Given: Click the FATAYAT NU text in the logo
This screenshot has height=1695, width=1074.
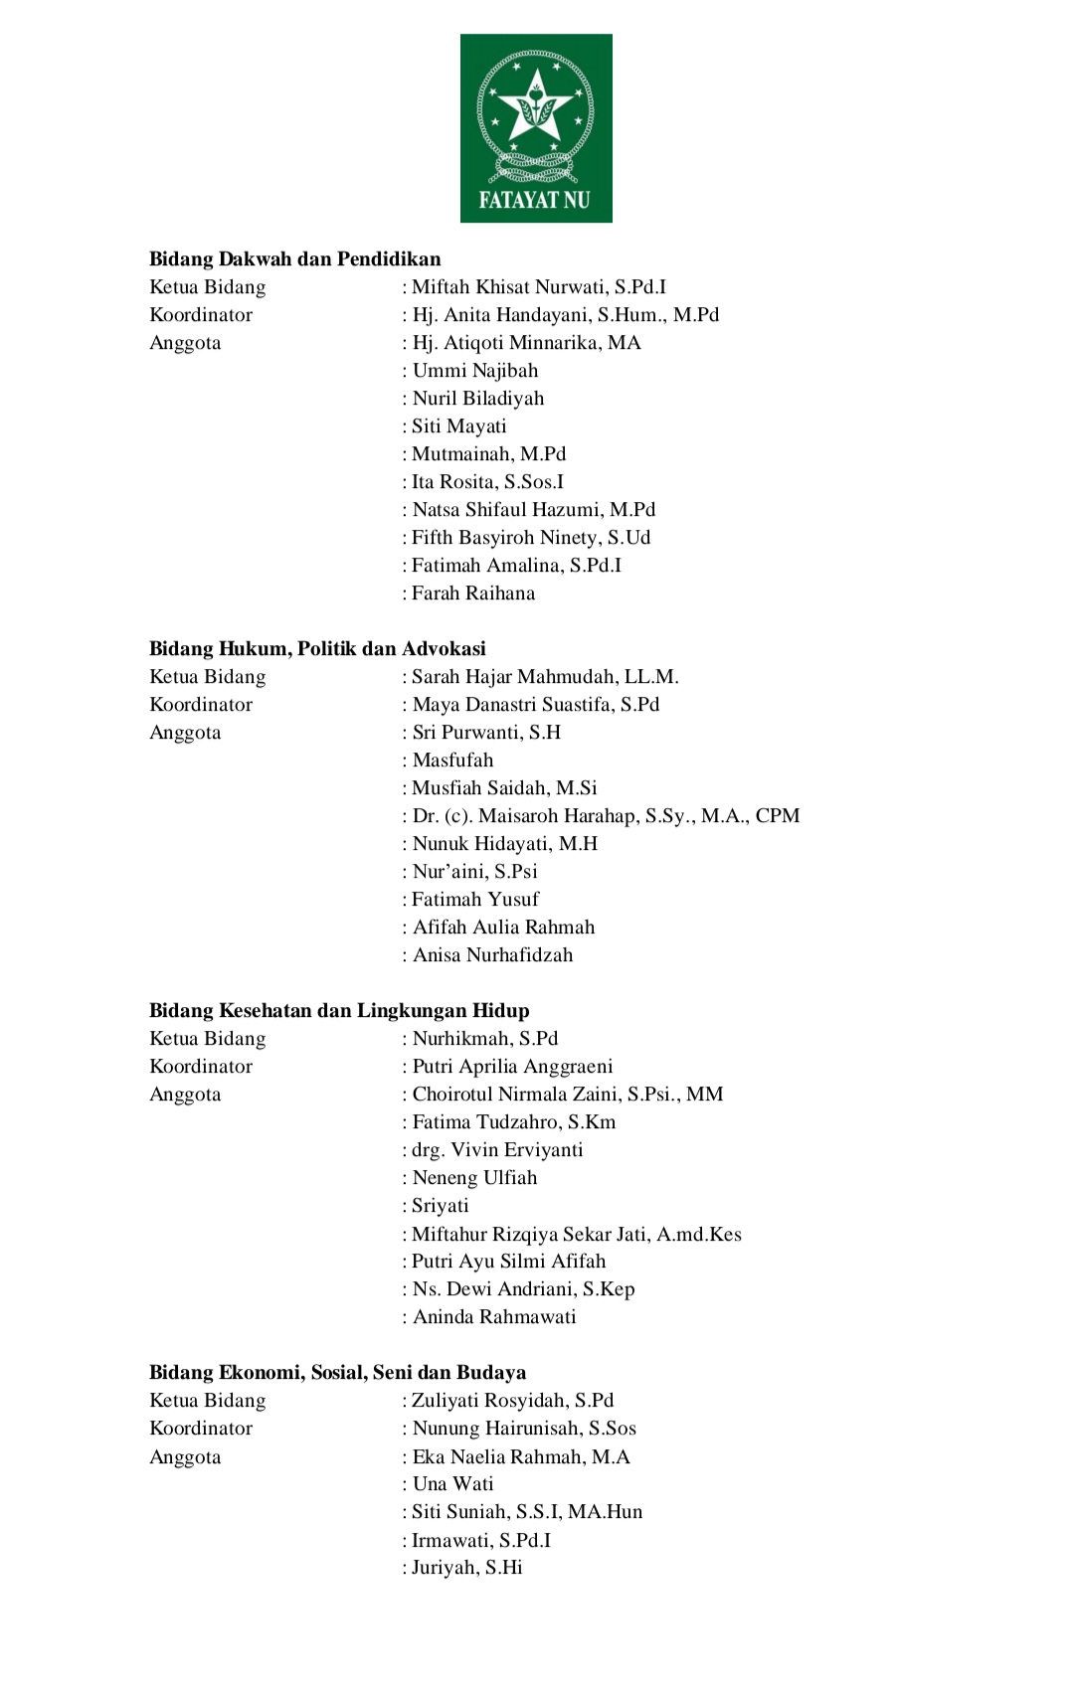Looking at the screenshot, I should pos(534,200).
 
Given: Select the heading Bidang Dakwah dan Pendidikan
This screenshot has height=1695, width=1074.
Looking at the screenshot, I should pos(294,259).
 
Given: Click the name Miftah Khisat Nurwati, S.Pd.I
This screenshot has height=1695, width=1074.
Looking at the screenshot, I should pos(538,287).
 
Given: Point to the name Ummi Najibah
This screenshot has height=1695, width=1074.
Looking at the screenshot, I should pos(474,371).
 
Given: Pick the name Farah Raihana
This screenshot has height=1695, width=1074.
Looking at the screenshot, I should pos(472,593).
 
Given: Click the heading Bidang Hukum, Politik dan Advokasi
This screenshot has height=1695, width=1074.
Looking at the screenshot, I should pos(317,649).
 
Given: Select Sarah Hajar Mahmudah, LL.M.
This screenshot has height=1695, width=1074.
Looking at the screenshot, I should pos(544,677).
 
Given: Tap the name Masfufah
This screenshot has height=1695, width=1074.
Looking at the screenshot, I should pos(452,761).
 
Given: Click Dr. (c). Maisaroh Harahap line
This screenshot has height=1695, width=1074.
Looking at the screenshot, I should pos(605,816).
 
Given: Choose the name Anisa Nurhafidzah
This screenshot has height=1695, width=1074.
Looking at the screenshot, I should pos(492,955).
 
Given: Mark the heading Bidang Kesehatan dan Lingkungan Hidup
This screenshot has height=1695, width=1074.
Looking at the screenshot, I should pos(339,1011).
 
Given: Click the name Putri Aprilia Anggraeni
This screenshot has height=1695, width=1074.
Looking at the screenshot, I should pos(512,1067).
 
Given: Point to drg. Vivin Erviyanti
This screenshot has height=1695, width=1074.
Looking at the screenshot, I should pos(497,1150).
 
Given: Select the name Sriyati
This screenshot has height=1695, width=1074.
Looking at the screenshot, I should pos(440,1206).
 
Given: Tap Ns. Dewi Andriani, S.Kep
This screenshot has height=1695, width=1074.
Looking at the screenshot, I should pos(523,1289).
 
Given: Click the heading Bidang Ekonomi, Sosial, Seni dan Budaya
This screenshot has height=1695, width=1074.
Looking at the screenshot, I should pos(337,1373).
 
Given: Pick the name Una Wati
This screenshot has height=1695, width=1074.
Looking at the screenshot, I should pos(452,1484).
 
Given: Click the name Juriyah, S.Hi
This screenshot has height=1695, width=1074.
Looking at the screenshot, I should pos(466,1568).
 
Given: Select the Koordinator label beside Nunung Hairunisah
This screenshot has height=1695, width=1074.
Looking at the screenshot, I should pos(201,1429).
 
